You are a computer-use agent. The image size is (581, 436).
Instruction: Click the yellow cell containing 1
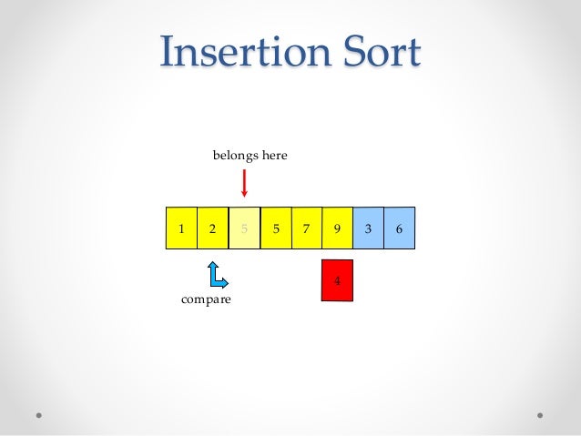point(181,228)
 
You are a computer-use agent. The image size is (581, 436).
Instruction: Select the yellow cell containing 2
point(212,228)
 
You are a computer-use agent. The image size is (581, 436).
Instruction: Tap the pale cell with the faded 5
point(244,228)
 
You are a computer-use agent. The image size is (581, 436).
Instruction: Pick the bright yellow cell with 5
point(275,228)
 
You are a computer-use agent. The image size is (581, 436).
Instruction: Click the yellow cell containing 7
point(306,228)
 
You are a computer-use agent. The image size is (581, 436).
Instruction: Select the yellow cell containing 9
point(337,228)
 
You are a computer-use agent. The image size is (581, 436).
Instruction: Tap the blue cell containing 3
point(368,228)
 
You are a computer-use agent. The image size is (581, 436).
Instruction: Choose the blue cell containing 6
point(399,228)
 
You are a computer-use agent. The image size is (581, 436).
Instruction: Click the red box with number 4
point(337,280)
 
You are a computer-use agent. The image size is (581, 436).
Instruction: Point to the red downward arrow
point(244,181)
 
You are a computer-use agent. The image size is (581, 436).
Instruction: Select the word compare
point(205,299)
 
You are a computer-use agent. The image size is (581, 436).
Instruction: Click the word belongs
point(235,156)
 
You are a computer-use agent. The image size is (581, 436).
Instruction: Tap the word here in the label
point(274,156)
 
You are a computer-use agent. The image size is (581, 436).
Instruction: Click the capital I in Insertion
point(167,53)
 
